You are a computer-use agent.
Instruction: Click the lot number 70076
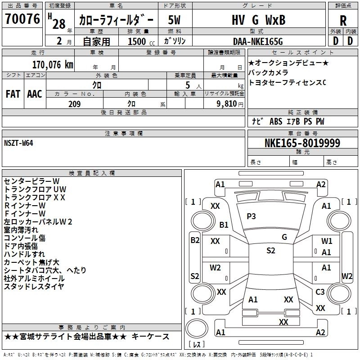pos(22,19)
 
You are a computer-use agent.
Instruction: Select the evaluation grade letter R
pos(343,20)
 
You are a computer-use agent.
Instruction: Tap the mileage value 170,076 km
pos(53,64)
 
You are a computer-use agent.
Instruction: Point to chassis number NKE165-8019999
pos(302,143)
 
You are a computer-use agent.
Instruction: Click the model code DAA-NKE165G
pos(258,41)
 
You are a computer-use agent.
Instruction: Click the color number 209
pos(74,104)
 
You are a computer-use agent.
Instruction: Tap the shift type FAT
pos(13,94)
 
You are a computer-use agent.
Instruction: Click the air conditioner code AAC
pos(35,94)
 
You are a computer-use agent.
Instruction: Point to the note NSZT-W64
pos(18,143)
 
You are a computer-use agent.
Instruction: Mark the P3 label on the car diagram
pos(251,216)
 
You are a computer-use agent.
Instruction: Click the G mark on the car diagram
pos(284,237)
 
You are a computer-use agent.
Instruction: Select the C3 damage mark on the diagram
pos(320,292)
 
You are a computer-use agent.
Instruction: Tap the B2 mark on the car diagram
pos(194,240)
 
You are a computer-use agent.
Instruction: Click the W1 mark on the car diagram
pos(327,241)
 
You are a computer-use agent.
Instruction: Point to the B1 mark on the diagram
pos(224,224)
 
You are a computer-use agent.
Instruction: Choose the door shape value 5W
pos(175,20)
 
